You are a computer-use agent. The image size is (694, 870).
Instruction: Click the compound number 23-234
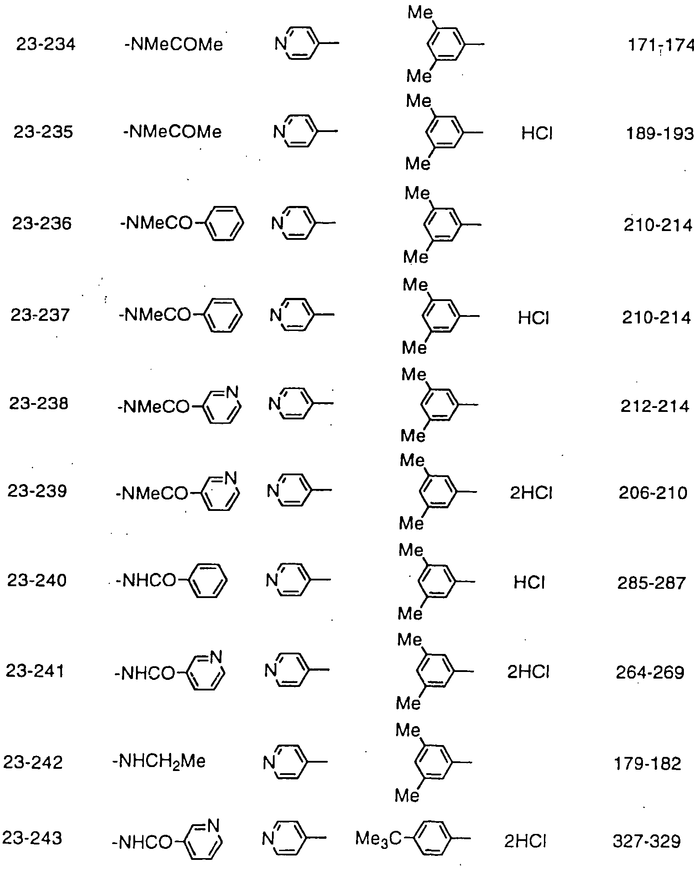click(46, 44)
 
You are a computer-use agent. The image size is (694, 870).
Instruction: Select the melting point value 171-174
click(661, 45)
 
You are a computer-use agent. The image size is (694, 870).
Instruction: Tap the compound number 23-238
click(39, 404)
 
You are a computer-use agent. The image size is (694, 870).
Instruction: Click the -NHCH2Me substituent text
click(159, 761)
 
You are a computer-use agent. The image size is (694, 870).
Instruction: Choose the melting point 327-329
click(646, 841)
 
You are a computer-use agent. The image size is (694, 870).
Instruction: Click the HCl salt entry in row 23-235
click(537, 133)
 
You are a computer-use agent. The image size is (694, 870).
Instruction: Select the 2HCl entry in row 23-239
click(531, 493)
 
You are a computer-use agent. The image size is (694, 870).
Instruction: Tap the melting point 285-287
click(651, 583)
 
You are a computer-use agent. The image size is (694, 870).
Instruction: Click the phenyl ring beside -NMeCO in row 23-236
click(225, 223)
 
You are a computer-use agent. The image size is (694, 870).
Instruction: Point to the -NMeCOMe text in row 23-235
click(173, 132)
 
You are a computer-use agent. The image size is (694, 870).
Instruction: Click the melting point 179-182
click(647, 764)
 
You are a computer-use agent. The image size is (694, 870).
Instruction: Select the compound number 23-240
click(37, 580)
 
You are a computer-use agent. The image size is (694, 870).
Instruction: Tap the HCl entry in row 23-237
click(533, 318)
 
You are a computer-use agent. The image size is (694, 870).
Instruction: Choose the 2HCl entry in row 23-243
click(525, 841)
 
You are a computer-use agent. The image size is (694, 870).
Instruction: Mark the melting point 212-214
click(655, 406)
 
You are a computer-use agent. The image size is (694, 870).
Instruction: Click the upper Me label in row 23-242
click(408, 731)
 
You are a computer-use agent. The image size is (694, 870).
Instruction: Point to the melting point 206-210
click(653, 493)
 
